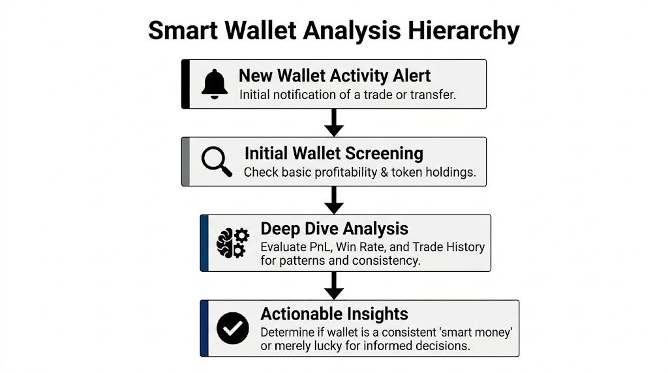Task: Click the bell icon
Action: (x=215, y=84)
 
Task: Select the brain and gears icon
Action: (x=232, y=243)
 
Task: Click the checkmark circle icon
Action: (x=232, y=328)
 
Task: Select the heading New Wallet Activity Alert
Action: (x=334, y=76)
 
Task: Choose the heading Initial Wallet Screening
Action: (x=333, y=153)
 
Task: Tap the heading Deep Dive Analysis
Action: (x=334, y=229)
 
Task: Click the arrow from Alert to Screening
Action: (x=334, y=123)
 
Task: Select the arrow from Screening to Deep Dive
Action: (x=334, y=200)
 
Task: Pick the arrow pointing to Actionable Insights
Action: (x=334, y=285)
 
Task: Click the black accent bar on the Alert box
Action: (x=185, y=83)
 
